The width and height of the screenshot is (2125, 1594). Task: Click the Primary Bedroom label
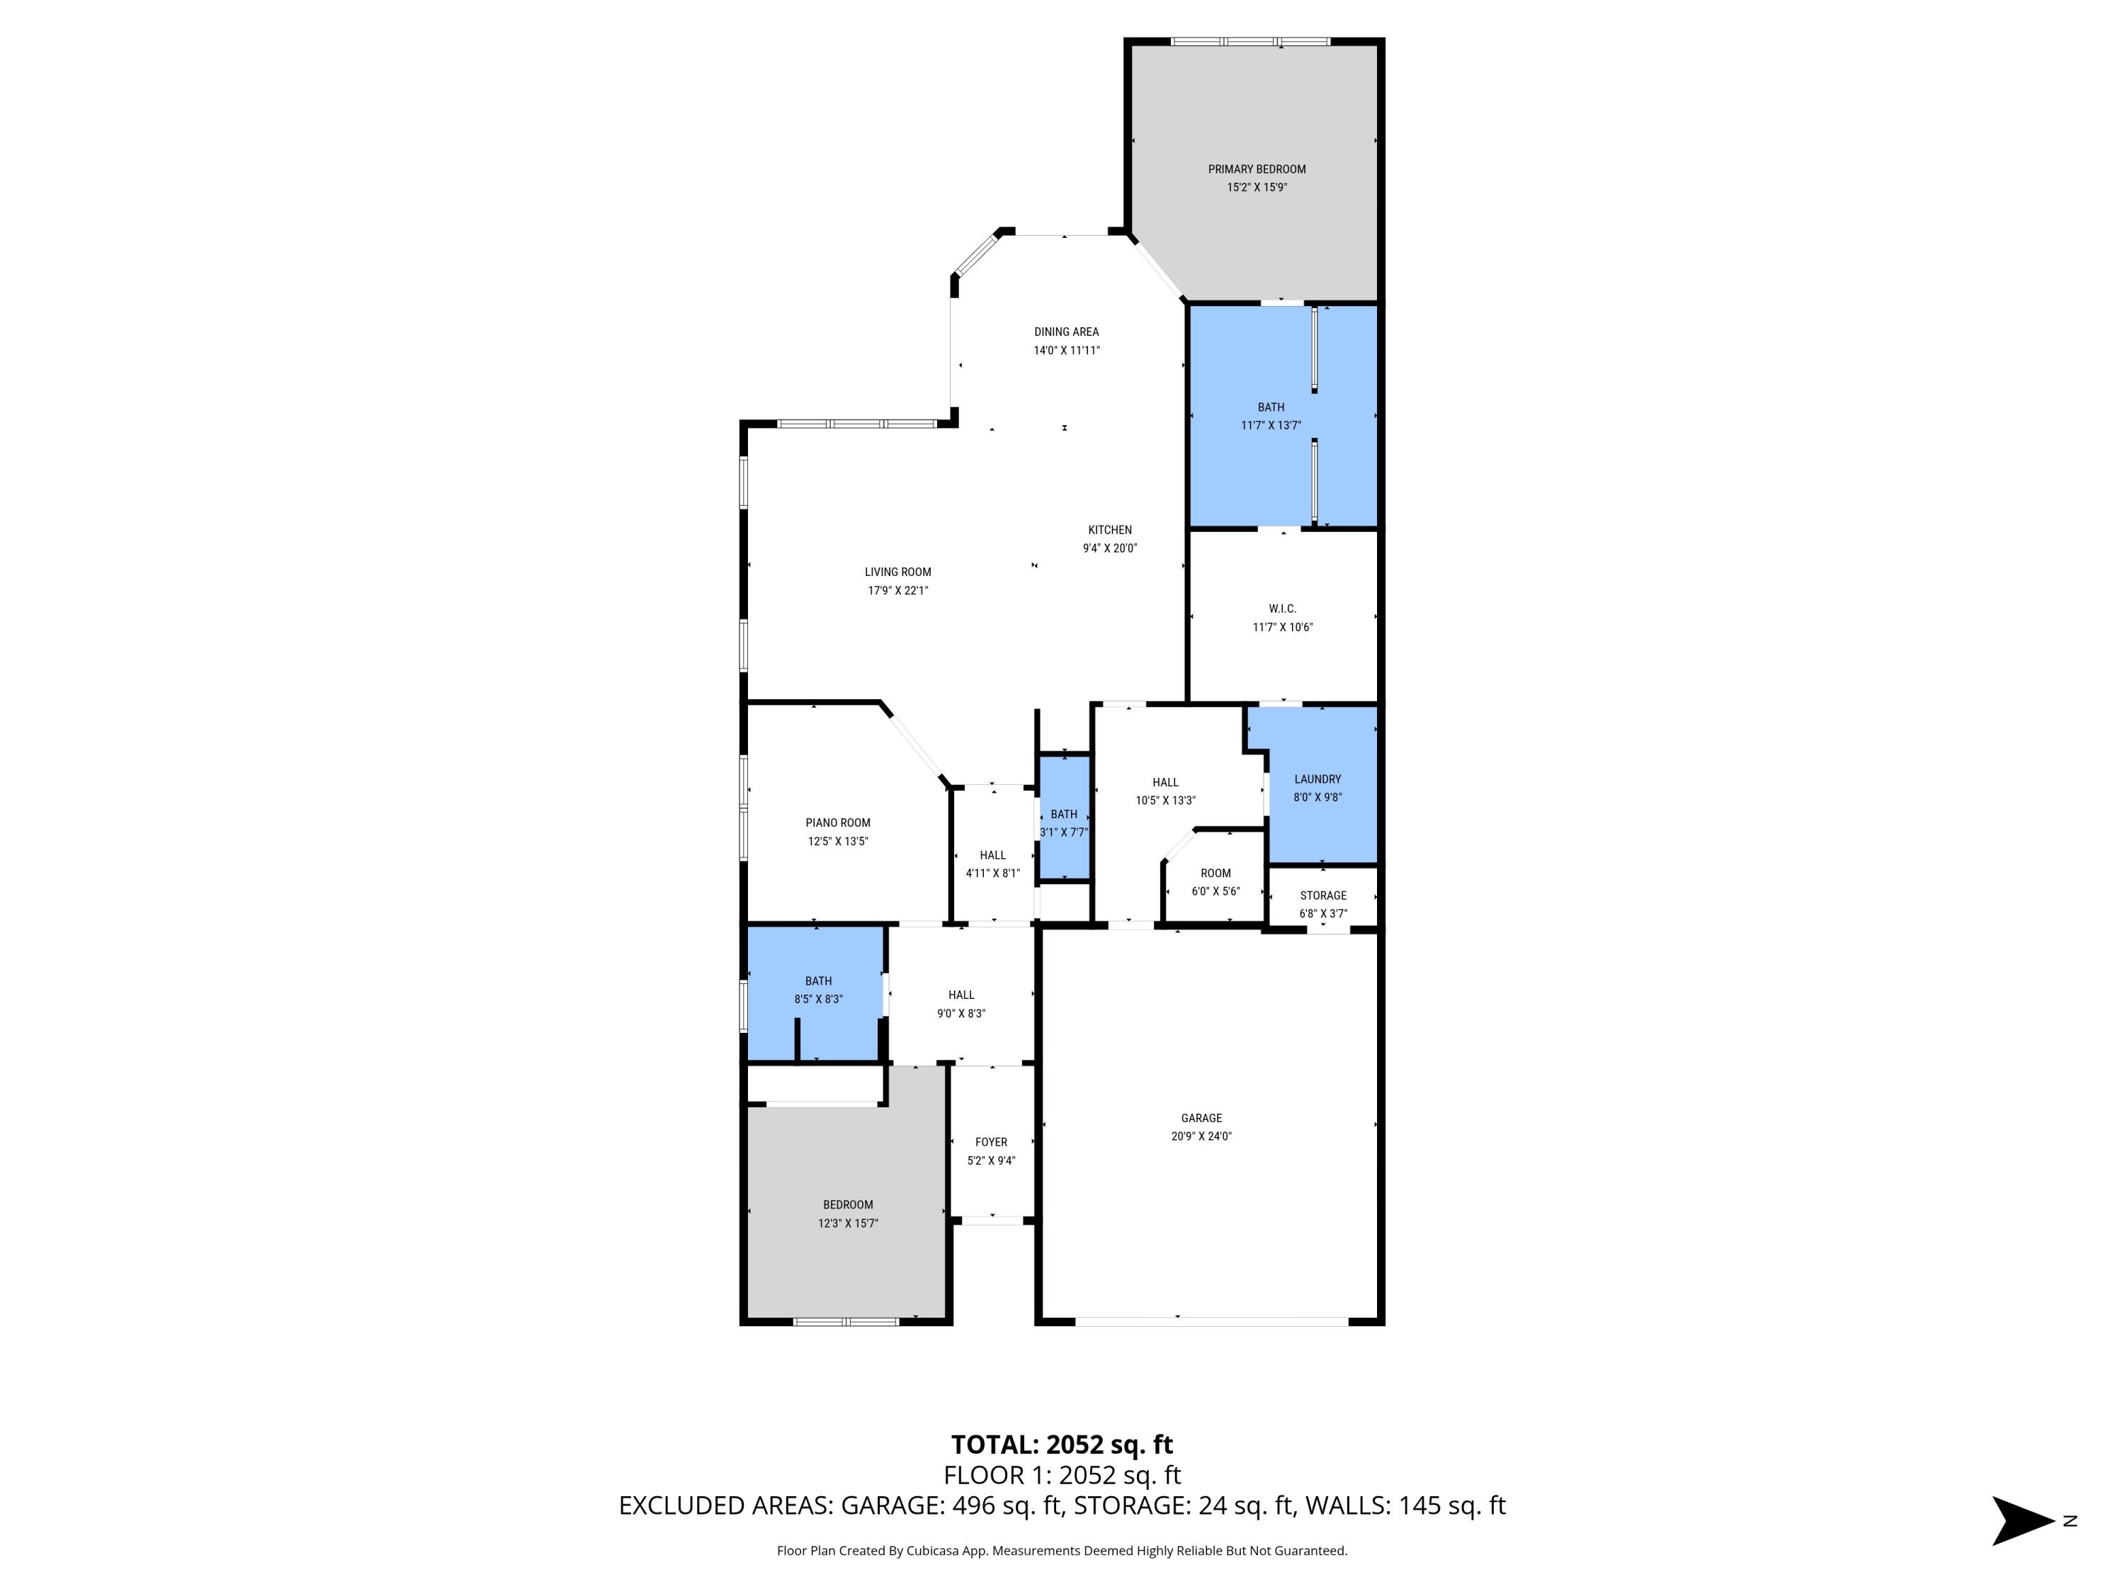(x=1257, y=169)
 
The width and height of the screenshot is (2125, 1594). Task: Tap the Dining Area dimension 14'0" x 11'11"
(x=1066, y=351)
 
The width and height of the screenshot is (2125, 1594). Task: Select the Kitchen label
(x=1109, y=529)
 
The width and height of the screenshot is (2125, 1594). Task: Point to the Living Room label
(x=897, y=572)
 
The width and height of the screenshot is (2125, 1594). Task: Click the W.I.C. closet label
(x=1281, y=608)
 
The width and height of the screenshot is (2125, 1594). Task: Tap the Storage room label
(x=1323, y=895)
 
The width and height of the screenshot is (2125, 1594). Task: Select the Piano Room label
(x=838, y=823)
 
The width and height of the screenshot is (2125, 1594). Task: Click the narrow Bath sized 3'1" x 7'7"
(x=1063, y=822)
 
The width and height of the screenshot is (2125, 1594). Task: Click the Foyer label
(x=990, y=1143)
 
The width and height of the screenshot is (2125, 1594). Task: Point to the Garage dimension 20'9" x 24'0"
(x=1201, y=1136)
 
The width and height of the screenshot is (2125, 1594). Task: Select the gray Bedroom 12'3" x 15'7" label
(x=847, y=1205)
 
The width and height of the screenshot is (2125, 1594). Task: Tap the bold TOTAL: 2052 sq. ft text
(x=1062, y=1445)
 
